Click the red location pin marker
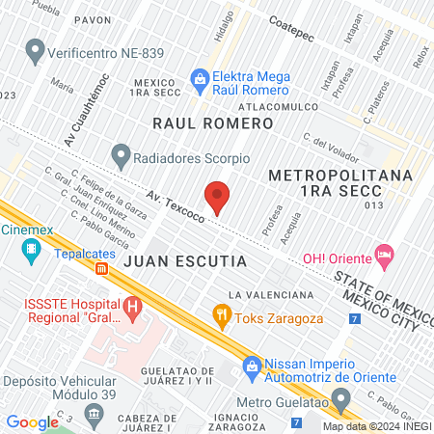click(218, 196)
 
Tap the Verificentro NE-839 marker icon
click(37, 47)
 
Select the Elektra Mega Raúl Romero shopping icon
click(200, 79)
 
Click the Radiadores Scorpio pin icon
click(121, 153)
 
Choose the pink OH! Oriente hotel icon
click(385, 255)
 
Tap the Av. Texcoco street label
click(176, 204)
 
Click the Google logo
click(32, 421)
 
